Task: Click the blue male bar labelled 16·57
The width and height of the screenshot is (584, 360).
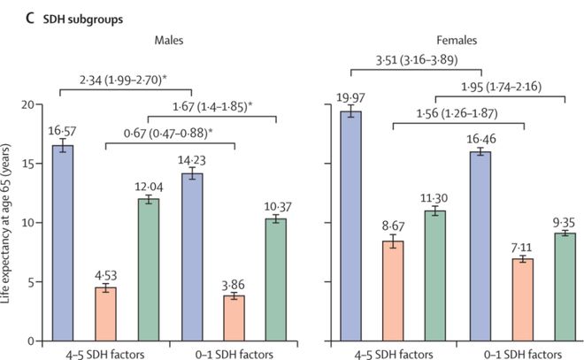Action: [62, 243]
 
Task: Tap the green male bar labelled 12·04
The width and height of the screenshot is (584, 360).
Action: [149, 270]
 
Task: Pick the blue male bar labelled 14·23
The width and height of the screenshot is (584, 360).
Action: [192, 257]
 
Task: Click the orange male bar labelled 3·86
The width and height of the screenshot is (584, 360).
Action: [235, 318]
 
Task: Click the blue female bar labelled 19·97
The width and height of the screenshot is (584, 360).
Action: [351, 226]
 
